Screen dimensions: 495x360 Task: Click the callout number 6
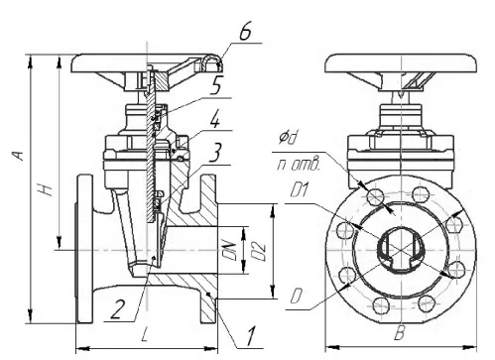[245, 33]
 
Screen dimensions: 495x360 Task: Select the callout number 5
[215, 87]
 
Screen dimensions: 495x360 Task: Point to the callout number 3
[215, 153]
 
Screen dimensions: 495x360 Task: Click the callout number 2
[117, 309]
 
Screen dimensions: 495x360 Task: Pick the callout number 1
[251, 337]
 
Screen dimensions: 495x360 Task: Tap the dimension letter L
[145, 336]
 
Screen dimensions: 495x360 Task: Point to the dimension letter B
[400, 334]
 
